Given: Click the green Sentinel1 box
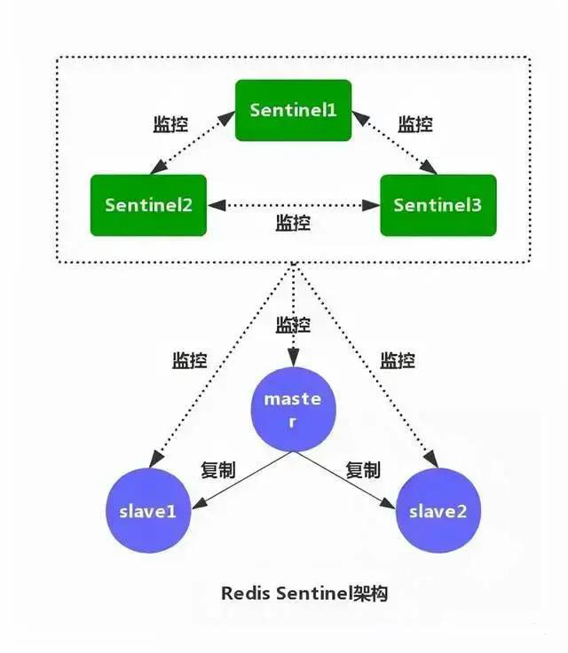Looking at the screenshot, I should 293,110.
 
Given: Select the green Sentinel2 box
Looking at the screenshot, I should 148,205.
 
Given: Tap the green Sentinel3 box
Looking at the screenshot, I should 438,205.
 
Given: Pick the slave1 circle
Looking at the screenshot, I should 148,512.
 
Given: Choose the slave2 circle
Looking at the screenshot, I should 438,512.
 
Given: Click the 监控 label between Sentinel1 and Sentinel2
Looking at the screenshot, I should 171,123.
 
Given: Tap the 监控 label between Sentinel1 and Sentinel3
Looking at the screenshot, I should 414,123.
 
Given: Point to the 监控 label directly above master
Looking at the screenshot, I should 294,325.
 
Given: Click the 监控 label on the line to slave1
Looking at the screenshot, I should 189,360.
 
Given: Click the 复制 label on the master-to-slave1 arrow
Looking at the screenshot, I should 217,470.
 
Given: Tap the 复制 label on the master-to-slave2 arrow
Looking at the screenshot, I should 363,470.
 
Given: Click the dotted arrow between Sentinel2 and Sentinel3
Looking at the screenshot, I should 293,205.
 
